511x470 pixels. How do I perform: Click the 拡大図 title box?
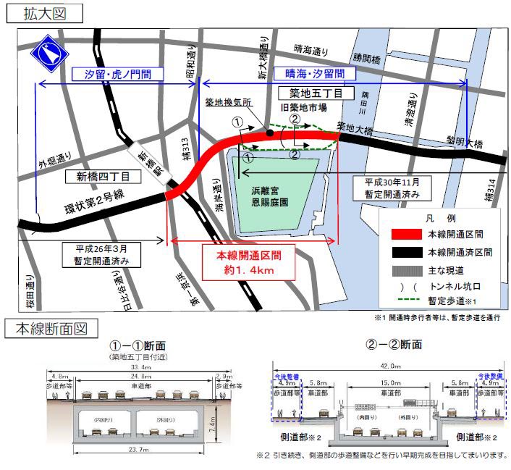[43, 14]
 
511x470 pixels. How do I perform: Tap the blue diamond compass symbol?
[48, 52]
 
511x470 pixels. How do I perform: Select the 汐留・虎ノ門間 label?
[118, 75]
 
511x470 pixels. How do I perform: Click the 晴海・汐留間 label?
[314, 74]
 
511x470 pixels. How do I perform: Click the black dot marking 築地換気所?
[269, 133]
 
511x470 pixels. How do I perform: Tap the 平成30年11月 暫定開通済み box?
[392, 188]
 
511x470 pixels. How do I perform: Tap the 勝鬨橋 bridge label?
[366, 56]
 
